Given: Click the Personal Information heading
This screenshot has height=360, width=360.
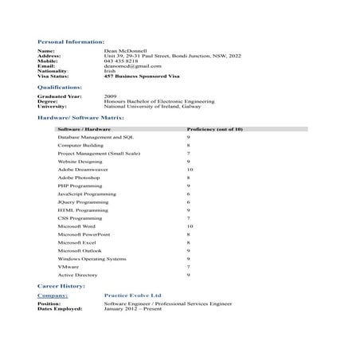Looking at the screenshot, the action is pos(70,41).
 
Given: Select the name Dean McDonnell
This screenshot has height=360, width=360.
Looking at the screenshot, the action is pos(125,51).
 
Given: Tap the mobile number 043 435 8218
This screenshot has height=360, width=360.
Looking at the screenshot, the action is pos(121,61).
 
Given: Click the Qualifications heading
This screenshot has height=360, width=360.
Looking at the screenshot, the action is pos(60,87).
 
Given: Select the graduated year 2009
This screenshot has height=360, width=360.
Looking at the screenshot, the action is pos(110,97).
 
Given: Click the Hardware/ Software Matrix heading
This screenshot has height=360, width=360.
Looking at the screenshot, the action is pos(80,117).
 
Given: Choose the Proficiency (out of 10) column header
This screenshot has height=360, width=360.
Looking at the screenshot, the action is pos(214,128).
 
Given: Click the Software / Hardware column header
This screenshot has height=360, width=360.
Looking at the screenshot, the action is pos(84,128).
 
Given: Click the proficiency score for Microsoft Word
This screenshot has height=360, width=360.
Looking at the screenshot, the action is pos(190,226).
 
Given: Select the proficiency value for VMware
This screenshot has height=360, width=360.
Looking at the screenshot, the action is pos(188,267).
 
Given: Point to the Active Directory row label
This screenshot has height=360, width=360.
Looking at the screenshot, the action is pos(78,275).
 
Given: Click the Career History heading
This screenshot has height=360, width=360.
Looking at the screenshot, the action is pos(61,285).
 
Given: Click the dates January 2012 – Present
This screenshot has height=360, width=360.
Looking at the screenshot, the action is pos(132,308).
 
